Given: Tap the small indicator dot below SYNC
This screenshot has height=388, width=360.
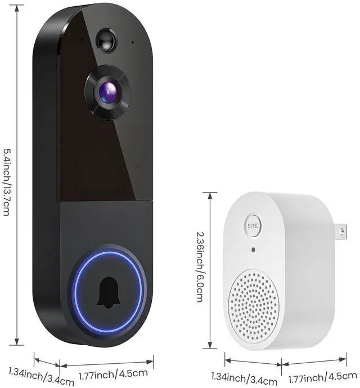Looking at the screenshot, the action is pos(254,249).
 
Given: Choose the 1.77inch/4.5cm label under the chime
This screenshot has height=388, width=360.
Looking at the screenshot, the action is pos(319,377).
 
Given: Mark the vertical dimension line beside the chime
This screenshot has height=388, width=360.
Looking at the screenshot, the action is pos(210,270).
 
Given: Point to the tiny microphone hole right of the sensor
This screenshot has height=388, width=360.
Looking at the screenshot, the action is pos(133,42).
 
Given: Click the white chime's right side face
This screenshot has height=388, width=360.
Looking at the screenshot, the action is pos(315,270).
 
